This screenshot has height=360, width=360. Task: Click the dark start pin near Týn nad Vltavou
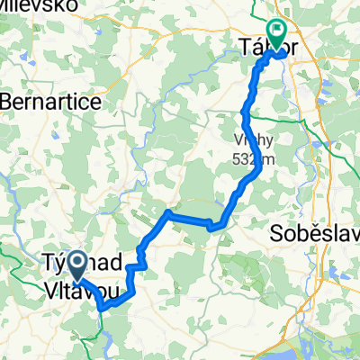pos(76,265)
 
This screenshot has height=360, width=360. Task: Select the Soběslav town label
pos(315,235)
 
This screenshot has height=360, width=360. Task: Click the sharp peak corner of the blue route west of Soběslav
pos(168,212)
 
